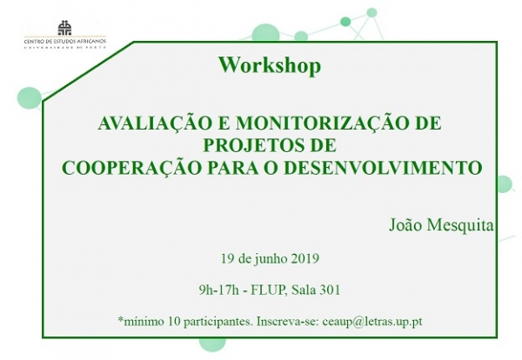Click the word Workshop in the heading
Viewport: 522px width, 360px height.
click(x=270, y=65)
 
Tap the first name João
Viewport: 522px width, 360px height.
click(x=407, y=226)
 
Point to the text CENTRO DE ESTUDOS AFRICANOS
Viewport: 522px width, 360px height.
click(x=64, y=42)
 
